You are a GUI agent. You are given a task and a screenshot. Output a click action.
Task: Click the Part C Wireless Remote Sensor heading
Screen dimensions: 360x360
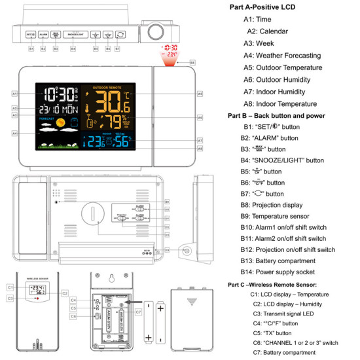pyautogui.click(x=272, y=285)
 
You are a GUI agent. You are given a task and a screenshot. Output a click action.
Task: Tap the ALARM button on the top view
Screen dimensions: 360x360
pyautogui.click(x=43, y=33)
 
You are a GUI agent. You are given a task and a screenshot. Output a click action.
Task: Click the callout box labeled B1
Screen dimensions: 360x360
pyautogui.click(x=30, y=48)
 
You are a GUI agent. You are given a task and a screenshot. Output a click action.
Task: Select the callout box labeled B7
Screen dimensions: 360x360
pyautogui.click(x=117, y=48)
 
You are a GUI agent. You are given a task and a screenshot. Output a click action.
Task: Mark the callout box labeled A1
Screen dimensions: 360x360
pyautogui.click(x=14, y=94)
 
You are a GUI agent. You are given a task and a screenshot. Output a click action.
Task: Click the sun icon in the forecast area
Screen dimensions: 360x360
pyautogui.click(x=60, y=122)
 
